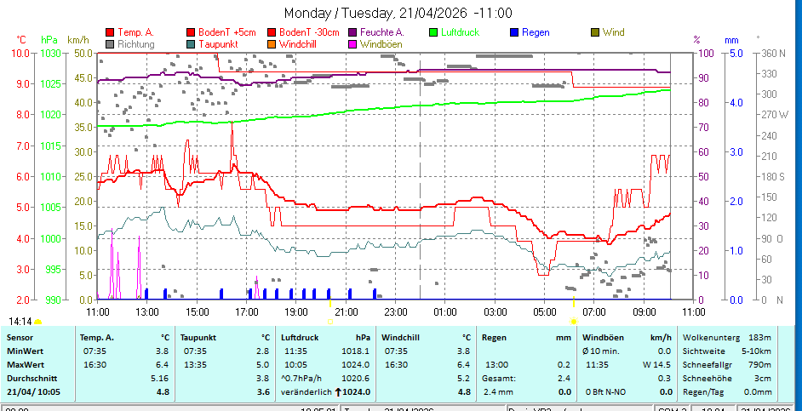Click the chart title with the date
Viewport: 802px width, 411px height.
point(398,13)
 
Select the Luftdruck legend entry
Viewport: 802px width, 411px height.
point(460,32)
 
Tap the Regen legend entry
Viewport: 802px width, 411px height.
point(536,32)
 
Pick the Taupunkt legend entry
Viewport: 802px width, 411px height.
point(218,43)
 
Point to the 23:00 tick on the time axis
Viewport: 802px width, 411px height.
point(395,311)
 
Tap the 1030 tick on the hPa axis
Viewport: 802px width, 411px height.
point(50,53)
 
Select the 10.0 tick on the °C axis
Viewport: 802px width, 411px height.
point(20,53)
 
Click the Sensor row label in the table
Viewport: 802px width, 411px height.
point(20,337)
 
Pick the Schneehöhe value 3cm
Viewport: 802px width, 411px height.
point(761,378)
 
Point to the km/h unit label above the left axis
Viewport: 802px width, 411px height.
point(77,40)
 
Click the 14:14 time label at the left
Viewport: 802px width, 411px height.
point(20,322)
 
